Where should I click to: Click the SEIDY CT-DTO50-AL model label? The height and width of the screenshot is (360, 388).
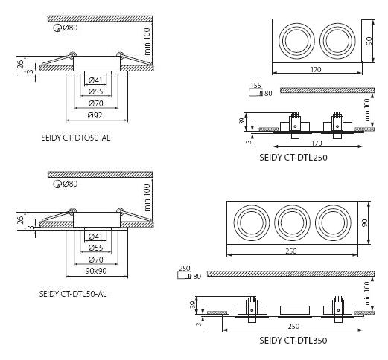tap(76, 138)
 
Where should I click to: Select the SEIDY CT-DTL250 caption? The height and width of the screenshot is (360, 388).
tap(293, 158)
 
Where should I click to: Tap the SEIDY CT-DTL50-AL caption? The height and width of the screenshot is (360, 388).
tap(73, 294)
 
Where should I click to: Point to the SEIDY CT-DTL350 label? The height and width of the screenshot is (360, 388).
tap(293, 341)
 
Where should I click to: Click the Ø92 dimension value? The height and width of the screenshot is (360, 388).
tap(95, 115)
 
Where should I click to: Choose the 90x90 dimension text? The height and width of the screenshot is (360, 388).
tap(96, 271)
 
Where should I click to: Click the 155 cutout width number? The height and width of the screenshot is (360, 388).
tap(256, 86)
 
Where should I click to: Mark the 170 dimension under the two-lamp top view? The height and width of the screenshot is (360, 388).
tap(316, 70)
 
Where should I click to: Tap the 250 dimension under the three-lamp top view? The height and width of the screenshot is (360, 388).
tap(291, 251)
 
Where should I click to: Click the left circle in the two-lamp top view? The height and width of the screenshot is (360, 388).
tap(279, 41)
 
